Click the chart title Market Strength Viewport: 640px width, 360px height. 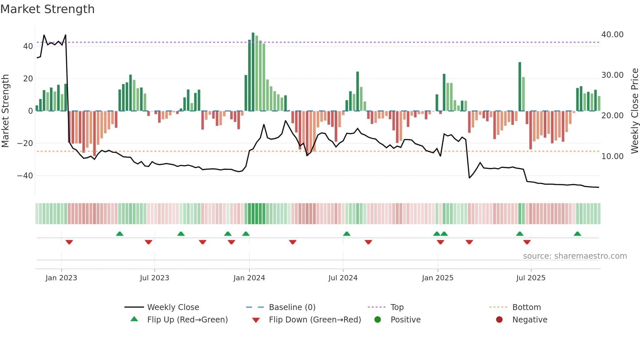click(47, 9)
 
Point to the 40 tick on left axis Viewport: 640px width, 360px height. click(28, 46)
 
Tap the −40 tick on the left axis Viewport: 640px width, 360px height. click(25, 176)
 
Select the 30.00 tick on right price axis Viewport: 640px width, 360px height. click(612, 75)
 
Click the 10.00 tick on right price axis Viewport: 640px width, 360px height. click(612, 156)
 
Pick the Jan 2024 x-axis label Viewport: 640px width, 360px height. click(249, 278)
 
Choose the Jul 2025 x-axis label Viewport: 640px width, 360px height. click(531, 278)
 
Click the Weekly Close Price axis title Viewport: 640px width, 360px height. click(634, 111)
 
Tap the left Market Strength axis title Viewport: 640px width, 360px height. click(6, 111)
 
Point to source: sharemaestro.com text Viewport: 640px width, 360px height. click(575, 256)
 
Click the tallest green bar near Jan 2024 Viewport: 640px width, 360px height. click(253, 72)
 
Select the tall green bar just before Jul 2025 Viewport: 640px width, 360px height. click(520, 87)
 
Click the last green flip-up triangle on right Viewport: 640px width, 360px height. click(577, 234)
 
